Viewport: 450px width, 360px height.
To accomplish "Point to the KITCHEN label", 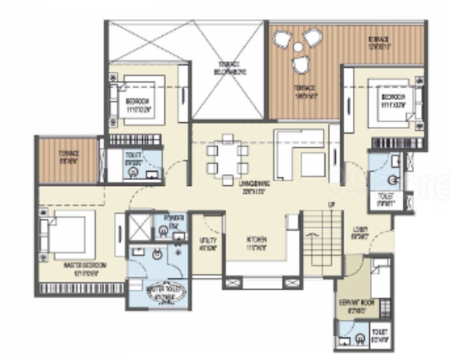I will (x=255, y=242).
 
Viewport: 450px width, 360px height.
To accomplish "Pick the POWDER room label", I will (x=173, y=220).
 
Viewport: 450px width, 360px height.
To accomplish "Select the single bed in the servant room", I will (x=381, y=280).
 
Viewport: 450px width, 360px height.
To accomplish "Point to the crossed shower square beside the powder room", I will (x=141, y=225).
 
